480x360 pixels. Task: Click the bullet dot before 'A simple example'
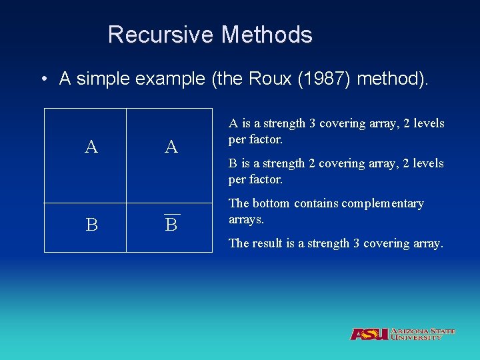tap(43, 80)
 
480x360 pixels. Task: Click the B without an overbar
tap(91, 225)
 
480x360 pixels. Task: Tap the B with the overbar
tap(171, 225)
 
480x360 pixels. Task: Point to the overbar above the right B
tap(171, 213)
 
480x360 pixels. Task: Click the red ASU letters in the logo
tap(369, 334)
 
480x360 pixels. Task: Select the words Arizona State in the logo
tap(423, 331)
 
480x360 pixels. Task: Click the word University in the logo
tap(417, 338)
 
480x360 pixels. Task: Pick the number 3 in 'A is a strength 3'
tap(314, 123)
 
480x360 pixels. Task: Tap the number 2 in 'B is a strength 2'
tap(313, 163)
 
